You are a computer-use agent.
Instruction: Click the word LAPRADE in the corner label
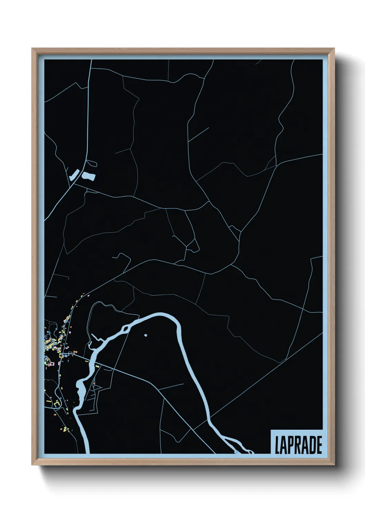click(x=298, y=445)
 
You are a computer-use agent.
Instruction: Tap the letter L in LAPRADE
click(x=277, y=445)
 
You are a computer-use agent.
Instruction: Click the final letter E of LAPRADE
click(x=319, y=445)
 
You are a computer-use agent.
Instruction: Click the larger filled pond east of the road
click(x=88, y=177)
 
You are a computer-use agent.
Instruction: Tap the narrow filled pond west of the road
click(x=74, y=175)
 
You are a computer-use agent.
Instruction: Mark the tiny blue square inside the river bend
click(x=146, y=335)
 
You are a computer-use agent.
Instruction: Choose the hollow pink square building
click(x=52, y=363)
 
